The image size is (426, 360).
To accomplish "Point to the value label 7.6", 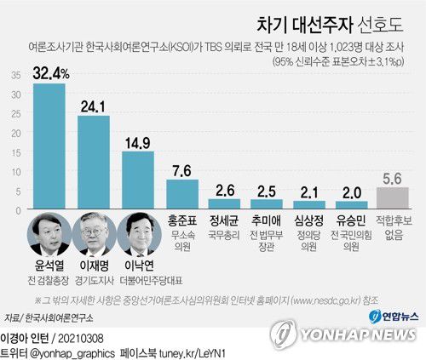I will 182,169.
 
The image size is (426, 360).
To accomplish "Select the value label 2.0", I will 348,191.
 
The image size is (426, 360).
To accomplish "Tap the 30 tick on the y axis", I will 17,95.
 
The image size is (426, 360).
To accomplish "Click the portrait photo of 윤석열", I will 49,234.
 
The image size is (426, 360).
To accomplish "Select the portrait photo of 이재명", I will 94,234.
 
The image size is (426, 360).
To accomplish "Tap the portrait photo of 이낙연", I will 138,234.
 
